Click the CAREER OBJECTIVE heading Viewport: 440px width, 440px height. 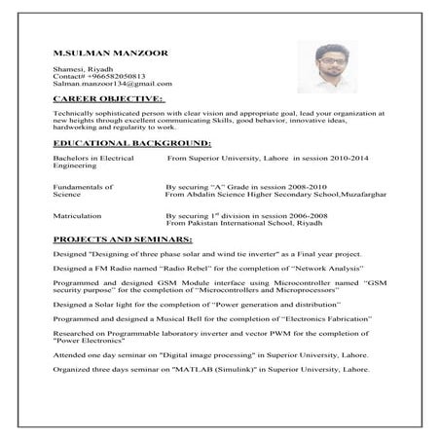[109, 98]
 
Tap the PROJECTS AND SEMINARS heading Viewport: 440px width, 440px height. [122, 238]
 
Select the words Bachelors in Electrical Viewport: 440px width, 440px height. [93, 156]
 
